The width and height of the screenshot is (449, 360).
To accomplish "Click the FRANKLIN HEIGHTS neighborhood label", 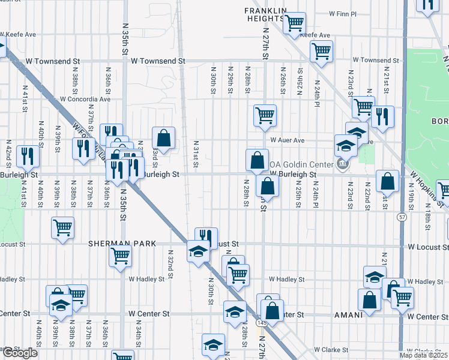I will [x=265, y=14].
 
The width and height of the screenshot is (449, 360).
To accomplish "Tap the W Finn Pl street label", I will [x=343, y=13].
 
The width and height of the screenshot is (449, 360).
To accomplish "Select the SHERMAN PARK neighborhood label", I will [x=122, y=244].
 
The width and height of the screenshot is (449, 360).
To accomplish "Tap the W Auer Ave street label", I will [x=288, y=140].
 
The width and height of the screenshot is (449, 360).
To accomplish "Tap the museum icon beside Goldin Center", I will [x=342, y=163].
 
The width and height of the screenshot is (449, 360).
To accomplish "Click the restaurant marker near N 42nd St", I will [x=28, y=156].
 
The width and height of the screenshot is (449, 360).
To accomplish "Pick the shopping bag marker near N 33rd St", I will [x=163, y=138].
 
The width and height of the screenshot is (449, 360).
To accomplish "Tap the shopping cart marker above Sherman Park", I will [x=62, y=227].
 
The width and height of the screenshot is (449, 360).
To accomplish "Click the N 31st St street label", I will [x=196, y=155].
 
